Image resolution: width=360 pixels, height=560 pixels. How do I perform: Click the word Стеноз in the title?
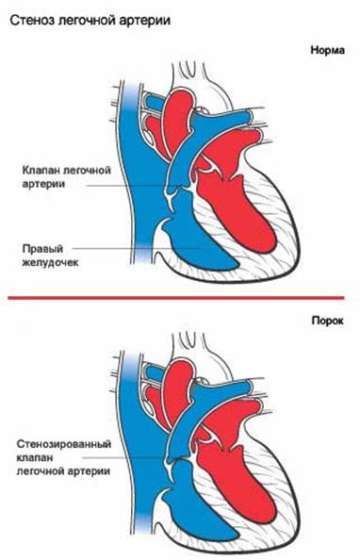point(33,19)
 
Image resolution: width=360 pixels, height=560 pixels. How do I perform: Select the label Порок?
point(331,321)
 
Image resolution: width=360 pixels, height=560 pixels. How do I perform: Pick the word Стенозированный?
point(59,442)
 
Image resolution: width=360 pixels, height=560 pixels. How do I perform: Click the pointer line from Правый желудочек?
point(132,248)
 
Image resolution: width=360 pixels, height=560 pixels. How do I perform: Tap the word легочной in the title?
point(90,19)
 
